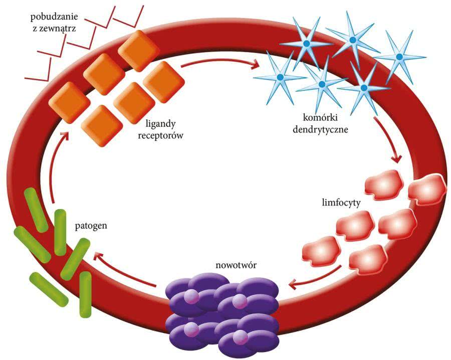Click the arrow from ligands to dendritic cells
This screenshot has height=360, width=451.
(220, 64)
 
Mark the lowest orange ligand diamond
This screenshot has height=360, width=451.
(103, 125)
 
